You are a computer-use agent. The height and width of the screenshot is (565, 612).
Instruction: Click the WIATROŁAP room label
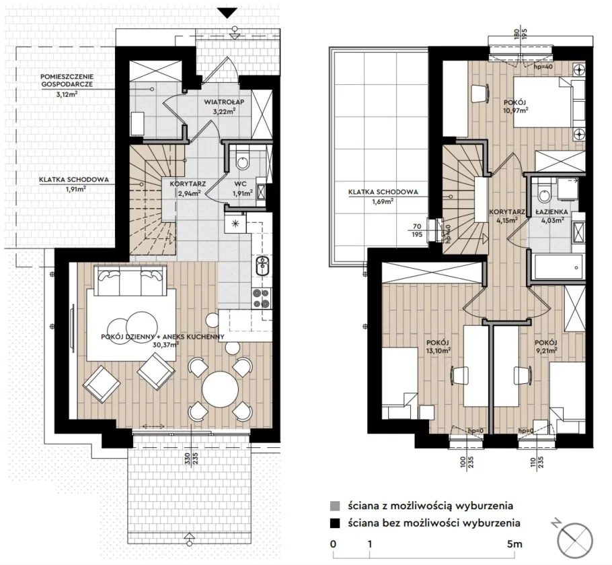point(224,102)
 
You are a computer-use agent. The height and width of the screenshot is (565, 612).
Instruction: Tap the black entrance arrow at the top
point(227,13)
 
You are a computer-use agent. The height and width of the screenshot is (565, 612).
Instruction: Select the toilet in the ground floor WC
point(242,160)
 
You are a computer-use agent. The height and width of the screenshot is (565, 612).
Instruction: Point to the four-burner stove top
point(262,298)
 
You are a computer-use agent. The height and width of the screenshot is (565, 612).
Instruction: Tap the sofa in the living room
point(130,281)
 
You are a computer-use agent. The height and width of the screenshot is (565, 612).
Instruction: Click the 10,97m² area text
point(516,110)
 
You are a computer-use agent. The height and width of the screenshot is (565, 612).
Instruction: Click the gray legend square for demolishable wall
point(334,506)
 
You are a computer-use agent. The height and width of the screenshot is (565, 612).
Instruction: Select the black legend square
point(334,523)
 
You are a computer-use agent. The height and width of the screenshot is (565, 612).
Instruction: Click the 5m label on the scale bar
point(514,544)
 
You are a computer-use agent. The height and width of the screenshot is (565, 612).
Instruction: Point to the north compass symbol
point(575,537)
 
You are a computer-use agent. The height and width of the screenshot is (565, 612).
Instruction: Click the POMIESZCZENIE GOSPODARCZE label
point(67,81)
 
